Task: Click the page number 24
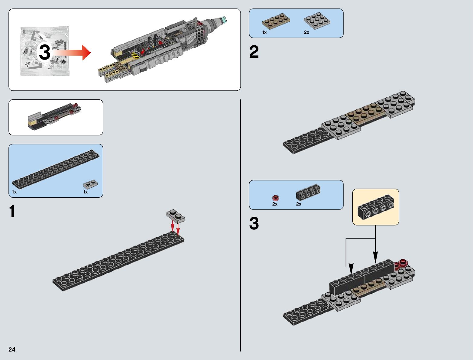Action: tap(12, 349)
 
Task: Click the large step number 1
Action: tap(12, 211)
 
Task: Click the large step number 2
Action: tap(254, 52)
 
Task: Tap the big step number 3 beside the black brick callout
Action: tap(254, 224)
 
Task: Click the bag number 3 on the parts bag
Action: tap(44, 52)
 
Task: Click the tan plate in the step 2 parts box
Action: tap(276, 21)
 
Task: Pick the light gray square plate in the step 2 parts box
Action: tap(317, 21)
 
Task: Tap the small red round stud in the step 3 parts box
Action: tap(275, 198)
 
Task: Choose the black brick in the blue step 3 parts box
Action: tap(308, 192)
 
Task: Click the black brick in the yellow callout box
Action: tap(376, 207)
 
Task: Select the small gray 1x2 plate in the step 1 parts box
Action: tap(90, 184)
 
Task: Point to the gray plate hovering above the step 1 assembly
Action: tap(176, 216)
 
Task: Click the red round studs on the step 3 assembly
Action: tap(402, 264)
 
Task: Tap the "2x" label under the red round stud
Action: tap(275, 204)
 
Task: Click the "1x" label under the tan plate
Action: tap(264, 32)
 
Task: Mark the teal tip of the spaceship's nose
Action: tap(224, 20)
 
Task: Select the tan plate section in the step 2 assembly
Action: tap(366, 112)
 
